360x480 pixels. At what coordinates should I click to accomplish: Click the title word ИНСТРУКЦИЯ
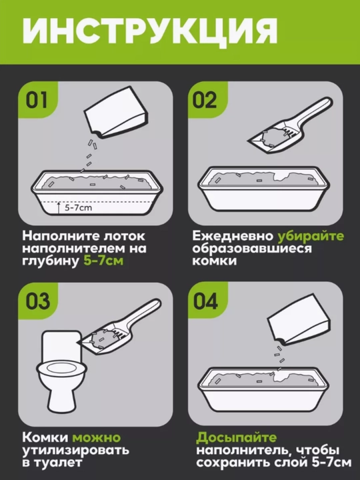(150, 31)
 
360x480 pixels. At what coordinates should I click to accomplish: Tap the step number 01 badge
(37, 100)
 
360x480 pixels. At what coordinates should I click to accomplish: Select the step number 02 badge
(206, 100)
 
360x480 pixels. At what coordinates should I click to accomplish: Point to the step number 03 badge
(37, 301)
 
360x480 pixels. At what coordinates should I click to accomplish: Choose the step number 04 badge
(206, 301)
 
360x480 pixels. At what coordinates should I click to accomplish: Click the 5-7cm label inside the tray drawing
(79, 208)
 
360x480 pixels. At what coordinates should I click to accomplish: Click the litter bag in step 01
(117, 112)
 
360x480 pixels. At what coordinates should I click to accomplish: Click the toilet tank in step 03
(62, 345)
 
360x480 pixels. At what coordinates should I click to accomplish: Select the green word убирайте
(311, 236)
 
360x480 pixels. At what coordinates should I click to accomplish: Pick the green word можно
(97, 438)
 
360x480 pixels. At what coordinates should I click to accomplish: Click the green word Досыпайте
(236, 438)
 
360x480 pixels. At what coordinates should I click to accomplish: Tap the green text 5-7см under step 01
(103, 261)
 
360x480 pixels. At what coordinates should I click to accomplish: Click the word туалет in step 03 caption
(56, 462)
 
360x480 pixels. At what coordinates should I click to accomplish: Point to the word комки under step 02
(214, 261)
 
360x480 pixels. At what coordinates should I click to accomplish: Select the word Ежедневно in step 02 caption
(233, 236)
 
